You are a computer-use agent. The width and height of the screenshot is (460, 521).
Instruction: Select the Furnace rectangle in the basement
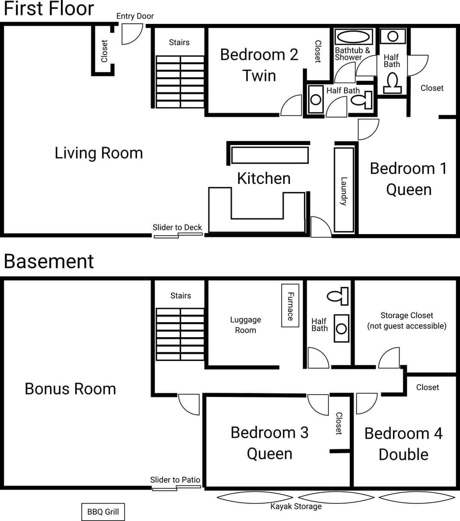pos(290,306)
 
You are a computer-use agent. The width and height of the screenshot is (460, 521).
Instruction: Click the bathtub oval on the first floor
pos(354,37)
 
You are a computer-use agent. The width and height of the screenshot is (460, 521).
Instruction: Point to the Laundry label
pos(344,191)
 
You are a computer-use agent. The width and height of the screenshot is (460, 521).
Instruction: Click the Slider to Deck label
pos(177,227)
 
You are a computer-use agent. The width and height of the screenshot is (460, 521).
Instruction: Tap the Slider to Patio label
pos(175,480)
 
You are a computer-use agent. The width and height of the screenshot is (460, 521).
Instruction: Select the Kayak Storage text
pos(296,506)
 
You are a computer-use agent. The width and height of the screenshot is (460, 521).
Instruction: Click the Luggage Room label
pos(245,325)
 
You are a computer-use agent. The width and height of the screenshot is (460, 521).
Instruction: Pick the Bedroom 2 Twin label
pos(259,65)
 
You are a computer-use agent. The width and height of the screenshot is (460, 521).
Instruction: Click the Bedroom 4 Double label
pos(403,443)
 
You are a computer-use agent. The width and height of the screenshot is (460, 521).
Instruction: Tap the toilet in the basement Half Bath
pos(338,295)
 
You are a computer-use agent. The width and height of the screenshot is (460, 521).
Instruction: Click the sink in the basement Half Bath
pos(341,328)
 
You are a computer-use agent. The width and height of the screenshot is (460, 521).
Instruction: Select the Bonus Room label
pos(70,388)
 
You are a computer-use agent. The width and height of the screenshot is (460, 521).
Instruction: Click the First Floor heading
pos(49,9)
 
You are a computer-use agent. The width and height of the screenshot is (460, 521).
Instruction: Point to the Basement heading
pos(49,261)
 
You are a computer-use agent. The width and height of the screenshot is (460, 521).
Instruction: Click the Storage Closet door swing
pos(390,359)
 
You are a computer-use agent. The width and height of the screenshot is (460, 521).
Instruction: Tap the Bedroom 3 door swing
pos(318,404)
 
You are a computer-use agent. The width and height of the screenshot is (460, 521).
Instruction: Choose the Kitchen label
pos(264,178)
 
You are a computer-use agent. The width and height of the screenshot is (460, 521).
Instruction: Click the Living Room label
pos(99,153)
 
